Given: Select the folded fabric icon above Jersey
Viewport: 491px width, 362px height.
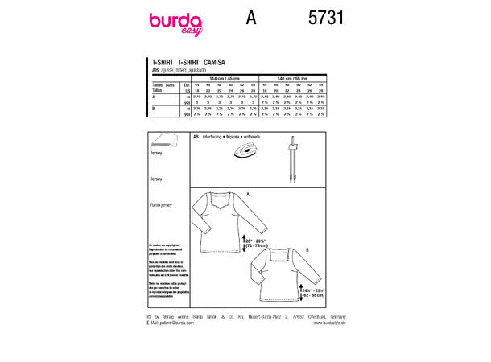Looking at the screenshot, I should pos(162,139).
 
